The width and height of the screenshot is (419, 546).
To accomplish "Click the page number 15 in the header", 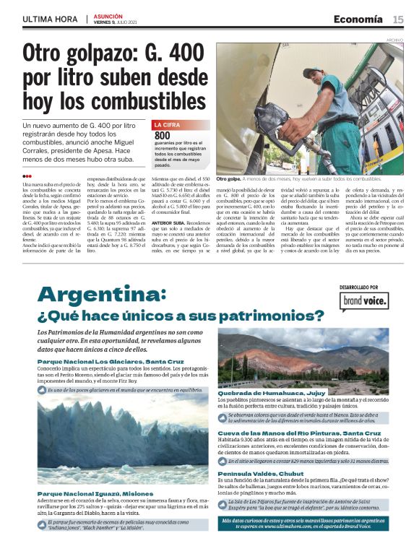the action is tap(398, 19).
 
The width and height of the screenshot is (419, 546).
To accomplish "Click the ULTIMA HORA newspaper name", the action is tap(51, 19).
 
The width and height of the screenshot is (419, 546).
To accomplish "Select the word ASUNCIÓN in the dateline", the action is tap(108, 15).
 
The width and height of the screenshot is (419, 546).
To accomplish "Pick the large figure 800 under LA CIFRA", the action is tap(162, 135).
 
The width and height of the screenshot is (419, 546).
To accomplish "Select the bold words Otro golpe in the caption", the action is tap(228, 178).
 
